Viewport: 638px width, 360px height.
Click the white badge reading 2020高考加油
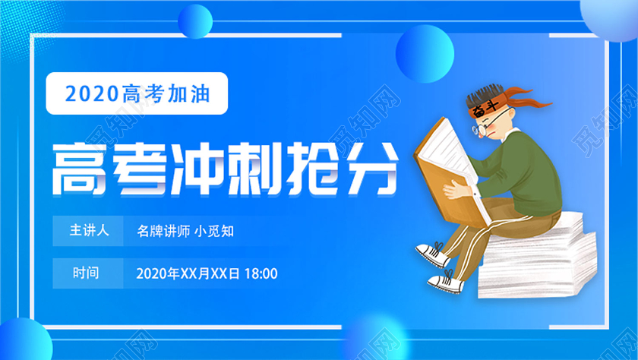coord(137,93)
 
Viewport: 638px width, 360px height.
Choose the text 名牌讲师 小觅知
coord(185,230)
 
